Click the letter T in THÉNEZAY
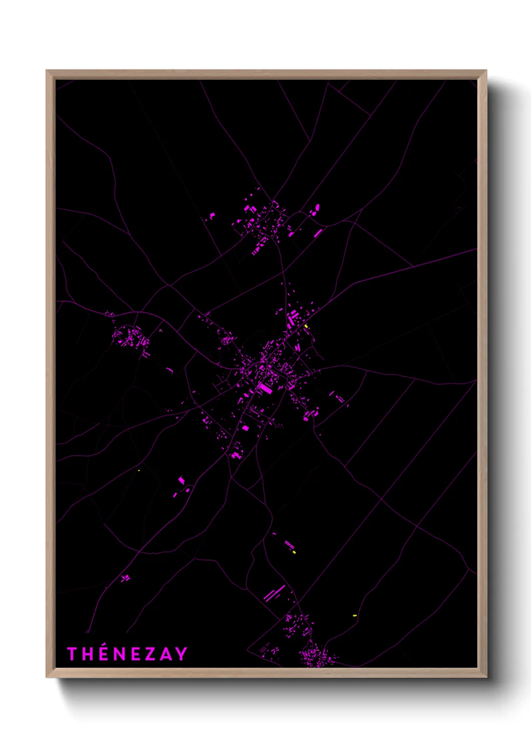72,654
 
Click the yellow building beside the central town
306,326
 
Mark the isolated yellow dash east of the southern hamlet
355,615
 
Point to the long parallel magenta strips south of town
275,593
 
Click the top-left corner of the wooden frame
47,71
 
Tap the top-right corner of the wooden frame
486,71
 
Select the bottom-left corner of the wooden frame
47,676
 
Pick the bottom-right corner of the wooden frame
486,676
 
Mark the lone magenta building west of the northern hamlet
212,216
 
